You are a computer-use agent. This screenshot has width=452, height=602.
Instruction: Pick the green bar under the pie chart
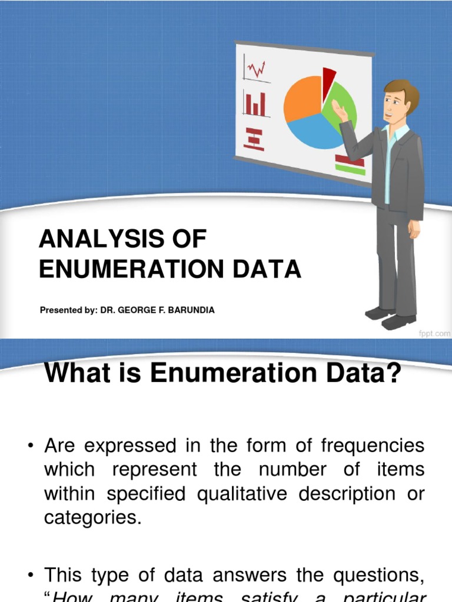pos(350,169)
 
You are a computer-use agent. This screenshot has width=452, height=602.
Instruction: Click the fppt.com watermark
pos(434,333)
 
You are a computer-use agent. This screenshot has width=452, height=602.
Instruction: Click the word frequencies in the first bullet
pos(373,446)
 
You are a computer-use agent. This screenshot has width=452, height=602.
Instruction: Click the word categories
pos(93,518)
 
